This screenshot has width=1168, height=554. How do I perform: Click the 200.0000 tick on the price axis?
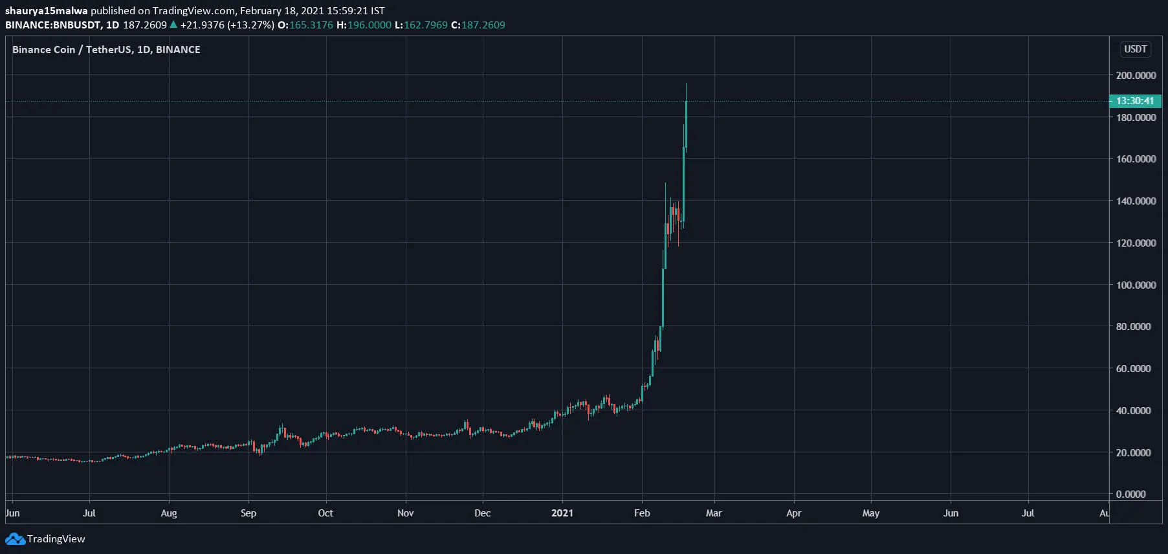[x=1136, y=75]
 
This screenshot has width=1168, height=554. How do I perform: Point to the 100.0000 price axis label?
[x=1136, y=285]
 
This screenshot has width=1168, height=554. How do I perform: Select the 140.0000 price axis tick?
[x=1136, y=201]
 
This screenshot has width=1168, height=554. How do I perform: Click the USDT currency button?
[x=1135, y=49]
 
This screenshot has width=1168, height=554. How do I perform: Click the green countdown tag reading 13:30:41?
[x=1135, y=101]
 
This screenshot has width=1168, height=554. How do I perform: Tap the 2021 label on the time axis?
[x=562, y=513]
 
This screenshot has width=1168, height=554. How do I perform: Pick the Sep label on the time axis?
[x=248, y=513]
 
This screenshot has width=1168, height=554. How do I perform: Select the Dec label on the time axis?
[x=483, y=513]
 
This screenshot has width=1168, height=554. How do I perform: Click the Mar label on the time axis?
[x=714, y=513]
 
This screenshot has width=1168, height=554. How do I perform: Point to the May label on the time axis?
[x=871, y=513]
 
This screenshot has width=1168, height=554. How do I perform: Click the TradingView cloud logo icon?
[x=15, y=539]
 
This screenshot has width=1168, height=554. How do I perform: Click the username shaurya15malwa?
[x=46, y=10]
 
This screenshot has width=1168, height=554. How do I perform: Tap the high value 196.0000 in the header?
[x=369, y=25]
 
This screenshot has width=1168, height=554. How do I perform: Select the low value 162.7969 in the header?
[x=426, y=25]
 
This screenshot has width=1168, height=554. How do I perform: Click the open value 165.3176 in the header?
[x=311, y=25]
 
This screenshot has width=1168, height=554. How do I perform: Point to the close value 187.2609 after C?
[x=483, y=25]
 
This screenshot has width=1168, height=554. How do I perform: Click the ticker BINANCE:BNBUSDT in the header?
[x=53, y=25]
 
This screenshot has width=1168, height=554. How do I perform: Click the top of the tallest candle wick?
[x=686, y=83]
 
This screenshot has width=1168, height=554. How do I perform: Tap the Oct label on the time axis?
[x=325, y=513]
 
